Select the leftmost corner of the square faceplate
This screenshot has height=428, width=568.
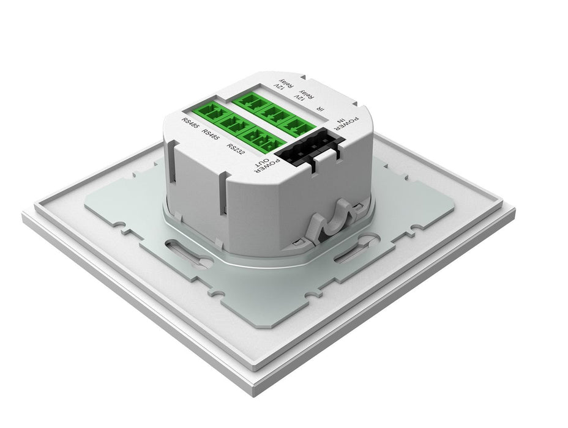click(23, 218)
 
